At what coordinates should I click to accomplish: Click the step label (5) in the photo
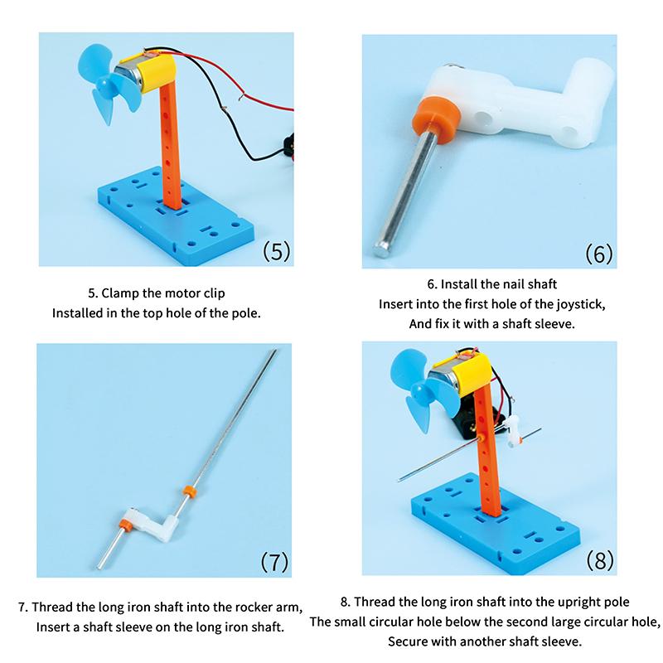(x=277, y=251)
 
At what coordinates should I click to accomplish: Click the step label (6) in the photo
(x=598, y=254)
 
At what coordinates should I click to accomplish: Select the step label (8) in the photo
(x=599, y=560)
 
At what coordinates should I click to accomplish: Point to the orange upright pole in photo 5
(x=171, y=149)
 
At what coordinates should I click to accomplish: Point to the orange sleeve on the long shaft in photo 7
(x=188, y=491)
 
